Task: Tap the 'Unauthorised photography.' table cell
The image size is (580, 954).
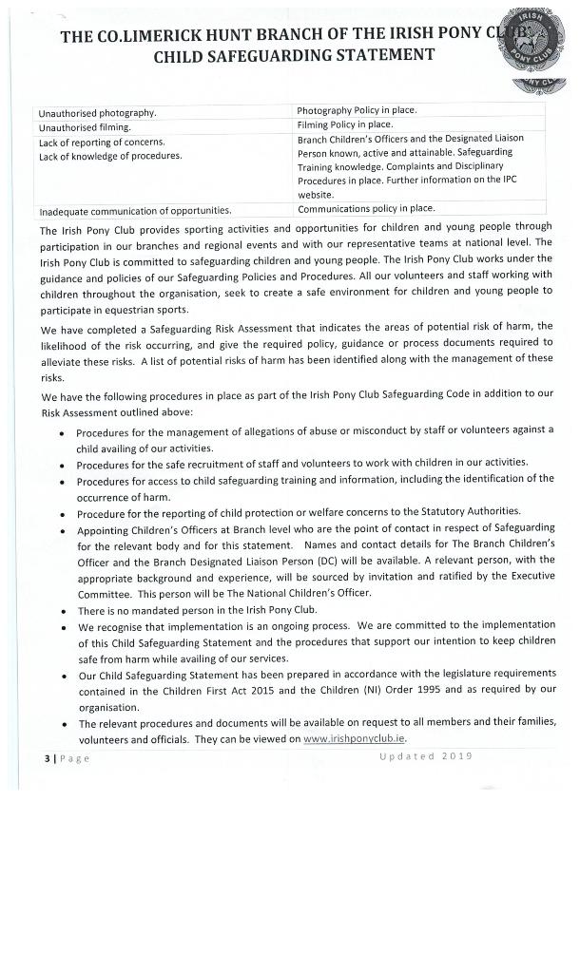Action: point(98,112)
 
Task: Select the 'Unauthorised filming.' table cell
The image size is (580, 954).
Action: point(85,125)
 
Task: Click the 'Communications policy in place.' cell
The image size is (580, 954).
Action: point(366,208)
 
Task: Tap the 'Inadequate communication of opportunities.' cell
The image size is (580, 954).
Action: point(135,210)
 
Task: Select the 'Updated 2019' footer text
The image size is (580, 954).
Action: point(425,756)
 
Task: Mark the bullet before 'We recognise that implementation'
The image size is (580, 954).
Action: point(63,627)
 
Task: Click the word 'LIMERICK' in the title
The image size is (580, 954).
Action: point(166,36)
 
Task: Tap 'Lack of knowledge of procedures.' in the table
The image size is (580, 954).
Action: point(109,156)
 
